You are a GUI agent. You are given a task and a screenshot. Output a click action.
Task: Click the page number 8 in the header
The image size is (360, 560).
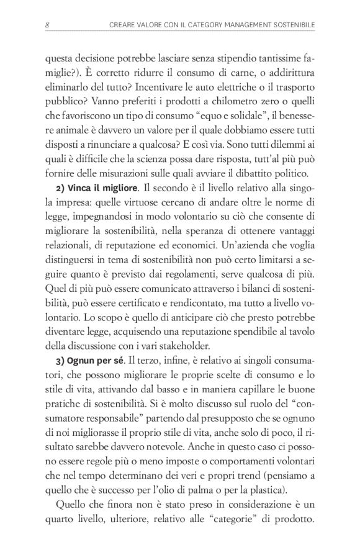47,25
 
